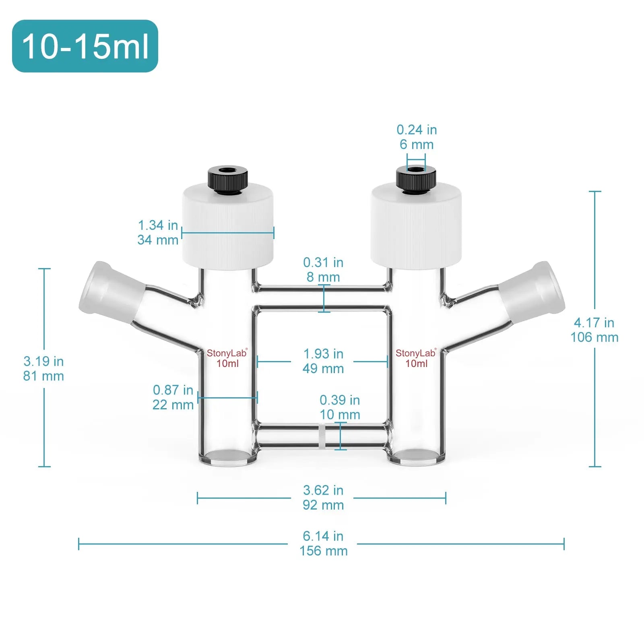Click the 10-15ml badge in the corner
(85, 46)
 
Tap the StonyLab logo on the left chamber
(227, 353)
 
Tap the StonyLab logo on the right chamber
(415, 353)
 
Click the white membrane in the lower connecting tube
(322, 436)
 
